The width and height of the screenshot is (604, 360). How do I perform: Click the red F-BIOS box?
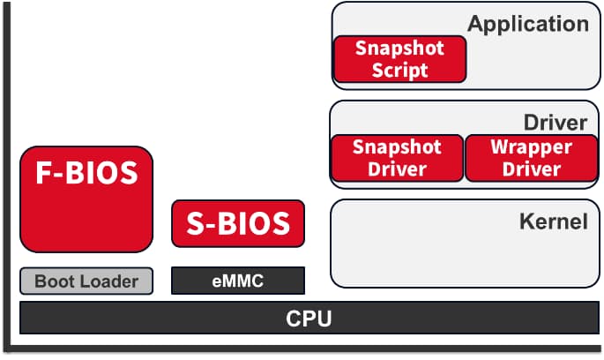click(86, 199)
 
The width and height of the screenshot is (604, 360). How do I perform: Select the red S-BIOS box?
click(238, 223)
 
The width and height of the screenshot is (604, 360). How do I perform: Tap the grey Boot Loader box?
click(86, 281)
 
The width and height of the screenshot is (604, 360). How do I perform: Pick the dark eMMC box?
click(238, 281)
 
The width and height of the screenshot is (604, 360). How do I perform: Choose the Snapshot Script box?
click(399, 59)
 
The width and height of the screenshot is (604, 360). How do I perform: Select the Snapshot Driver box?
click(398, 158)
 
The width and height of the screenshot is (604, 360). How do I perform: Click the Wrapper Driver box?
click(531, 158)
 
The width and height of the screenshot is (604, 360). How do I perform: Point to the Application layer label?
click(528, 24)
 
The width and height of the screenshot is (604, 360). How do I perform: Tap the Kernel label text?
click(553, 221)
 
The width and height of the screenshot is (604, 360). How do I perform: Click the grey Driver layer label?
click(556, 122)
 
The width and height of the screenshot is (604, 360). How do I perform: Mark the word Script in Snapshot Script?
click(399, 71)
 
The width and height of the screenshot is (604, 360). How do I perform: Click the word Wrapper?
click(531, 146)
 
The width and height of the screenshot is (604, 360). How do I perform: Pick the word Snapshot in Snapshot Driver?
click(398, 146)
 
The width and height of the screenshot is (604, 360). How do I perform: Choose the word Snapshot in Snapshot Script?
click(399, 48)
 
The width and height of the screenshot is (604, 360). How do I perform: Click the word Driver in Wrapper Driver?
click(531, 169)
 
